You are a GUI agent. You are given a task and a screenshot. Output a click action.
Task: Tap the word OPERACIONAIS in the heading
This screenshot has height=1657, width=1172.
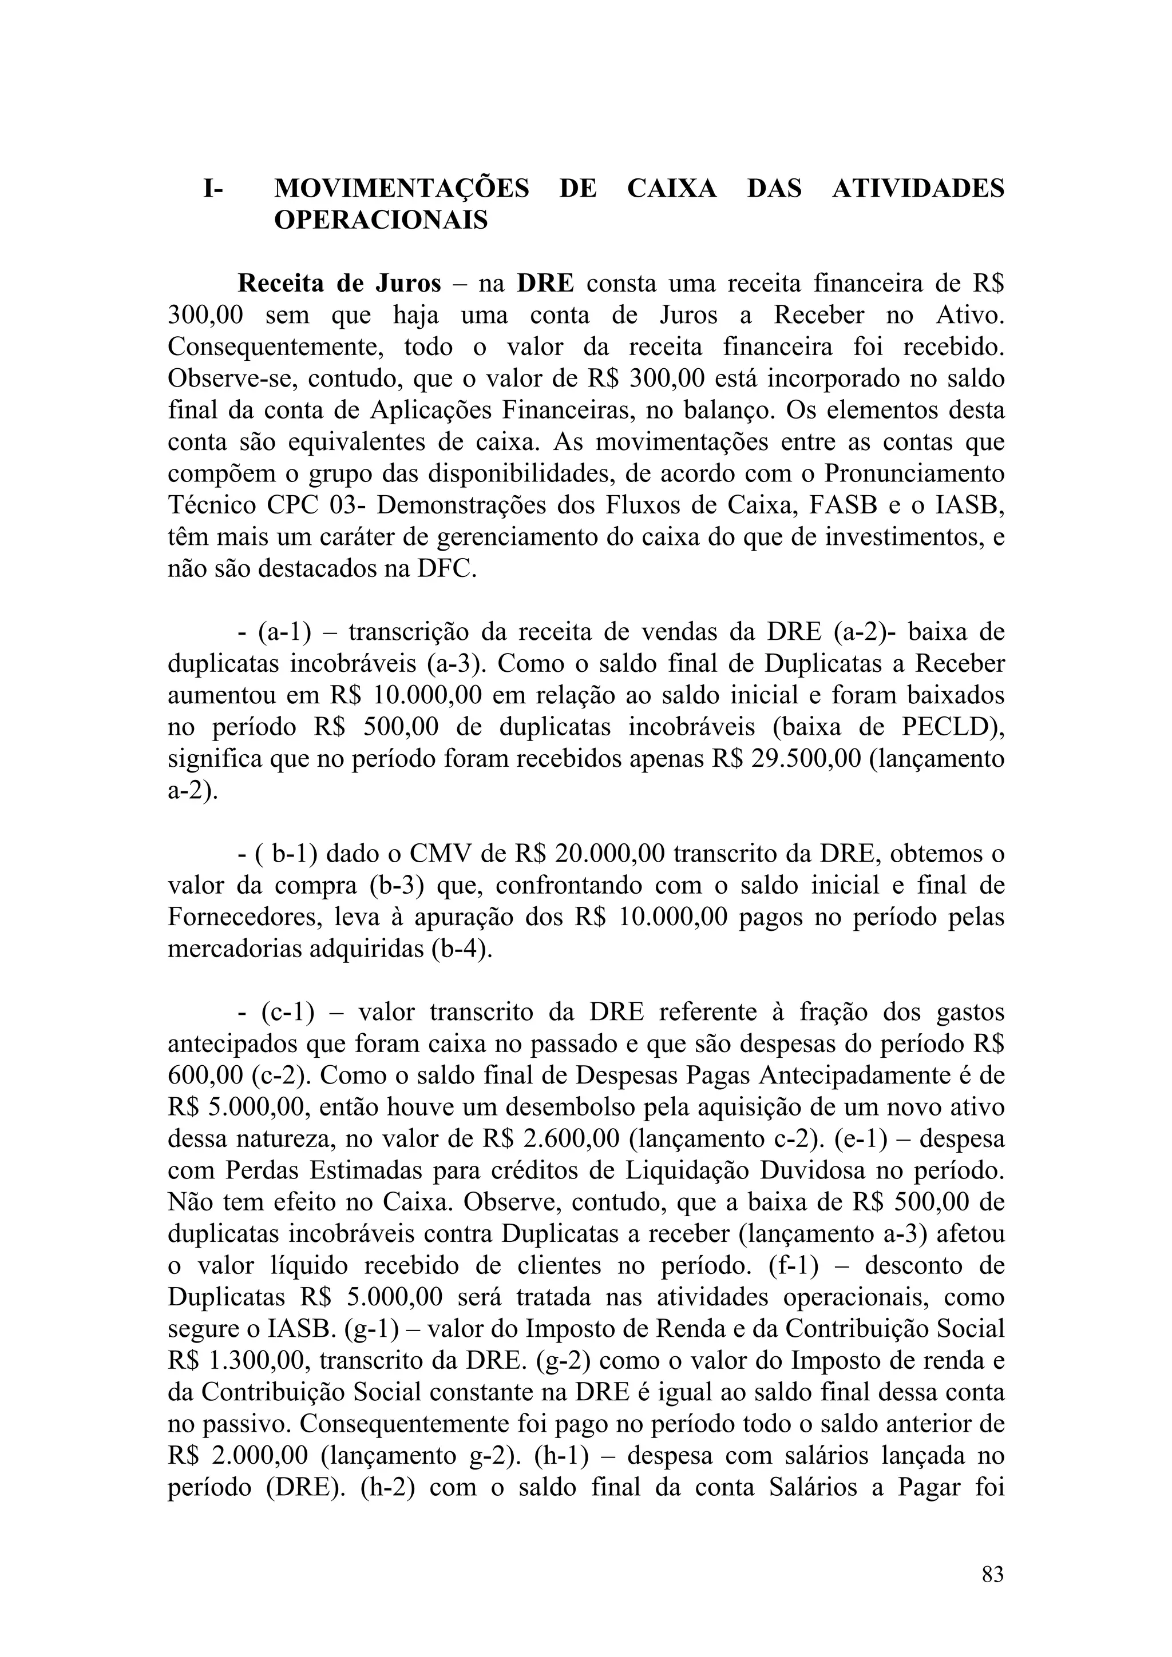click(381, 220)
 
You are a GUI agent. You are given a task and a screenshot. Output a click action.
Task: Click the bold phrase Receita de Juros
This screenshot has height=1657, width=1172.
click(339, 284)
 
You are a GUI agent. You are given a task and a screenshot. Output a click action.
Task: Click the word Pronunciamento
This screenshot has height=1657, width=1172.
click(914, 474)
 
